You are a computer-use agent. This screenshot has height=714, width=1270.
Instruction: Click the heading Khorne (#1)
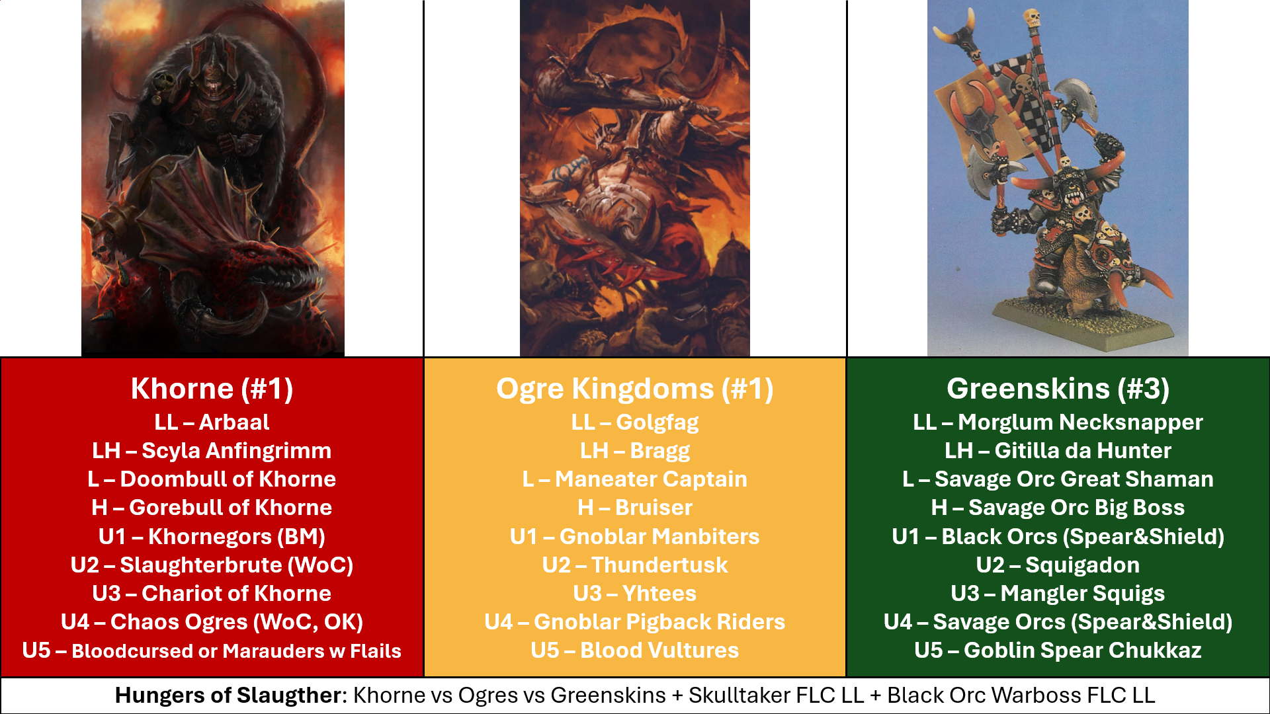[x=212, y=389]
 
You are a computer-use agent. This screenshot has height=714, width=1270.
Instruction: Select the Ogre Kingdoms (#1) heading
[x=635, y=389]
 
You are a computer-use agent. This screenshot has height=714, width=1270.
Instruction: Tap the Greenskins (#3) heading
[x=1058, y=389]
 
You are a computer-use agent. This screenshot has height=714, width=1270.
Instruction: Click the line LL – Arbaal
[x=212, y=422]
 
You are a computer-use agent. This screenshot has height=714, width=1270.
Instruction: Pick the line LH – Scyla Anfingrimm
[x=212, y=451]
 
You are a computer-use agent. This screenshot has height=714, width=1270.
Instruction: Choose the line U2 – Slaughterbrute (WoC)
[x=212, y=565]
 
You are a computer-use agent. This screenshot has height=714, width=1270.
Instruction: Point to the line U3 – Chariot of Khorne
[x=212, y=594]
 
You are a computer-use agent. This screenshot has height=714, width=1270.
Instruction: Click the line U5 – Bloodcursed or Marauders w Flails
[x=212, y=651]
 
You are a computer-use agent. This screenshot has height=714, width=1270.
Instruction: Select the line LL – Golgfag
[x=635, y=422]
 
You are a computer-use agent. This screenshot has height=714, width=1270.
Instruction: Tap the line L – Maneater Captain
[x=635, y=479]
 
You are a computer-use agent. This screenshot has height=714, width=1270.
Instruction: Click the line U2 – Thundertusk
[x=635, y=565]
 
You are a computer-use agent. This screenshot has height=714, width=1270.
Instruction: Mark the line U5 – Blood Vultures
[x=635, y=651]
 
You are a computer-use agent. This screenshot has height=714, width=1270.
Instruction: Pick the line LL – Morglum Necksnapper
[x=1058, y=422]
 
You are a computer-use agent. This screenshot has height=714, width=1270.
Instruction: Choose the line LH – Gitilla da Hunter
[x=1058, y=451]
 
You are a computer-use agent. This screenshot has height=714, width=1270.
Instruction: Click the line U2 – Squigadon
[x=1058, y=565]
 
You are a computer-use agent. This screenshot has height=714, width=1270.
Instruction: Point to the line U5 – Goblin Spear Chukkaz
[x=1058, y=651]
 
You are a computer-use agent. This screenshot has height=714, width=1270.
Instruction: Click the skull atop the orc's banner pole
[x=1031, y=18]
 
